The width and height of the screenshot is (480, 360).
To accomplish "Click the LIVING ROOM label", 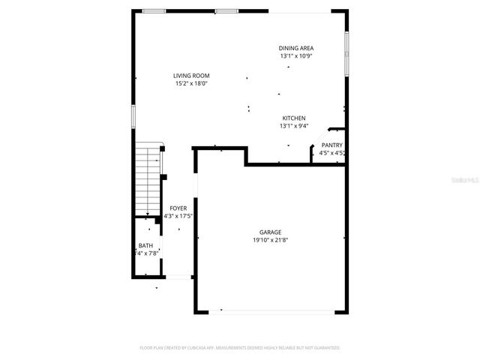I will pyautogui.click(x=191, y=76).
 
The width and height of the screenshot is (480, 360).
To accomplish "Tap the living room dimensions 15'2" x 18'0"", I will pyautogui.click(x=191, y=83).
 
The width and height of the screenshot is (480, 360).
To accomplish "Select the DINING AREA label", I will pyautogui.click(x=296, y=48).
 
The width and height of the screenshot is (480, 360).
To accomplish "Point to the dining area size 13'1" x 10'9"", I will pyautogui.click(x=296, y=55).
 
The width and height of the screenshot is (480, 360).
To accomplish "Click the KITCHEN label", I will pyautogui.click(x=293, y=118).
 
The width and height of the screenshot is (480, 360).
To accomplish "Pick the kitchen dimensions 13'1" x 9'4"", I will pyautogui.click(x=293, y=126).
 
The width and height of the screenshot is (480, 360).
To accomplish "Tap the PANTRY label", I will pyautogui.click(x=331, y=145).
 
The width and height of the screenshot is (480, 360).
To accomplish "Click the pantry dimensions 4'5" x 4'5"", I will pyautogui.click(x=331, y=153).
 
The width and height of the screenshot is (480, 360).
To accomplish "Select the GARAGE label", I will pyautogui.click(x=271, y=232).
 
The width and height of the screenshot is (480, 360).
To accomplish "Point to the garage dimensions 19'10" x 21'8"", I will pyautogui.click(x=271, y=240).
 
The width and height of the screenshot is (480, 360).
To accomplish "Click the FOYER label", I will pyautogui.click(x=178, y=208).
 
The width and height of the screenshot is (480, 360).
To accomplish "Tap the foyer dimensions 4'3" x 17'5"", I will pyautogui.click(x=178, y=217).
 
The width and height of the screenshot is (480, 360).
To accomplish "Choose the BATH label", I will pyautogui.click(x=145, y=246).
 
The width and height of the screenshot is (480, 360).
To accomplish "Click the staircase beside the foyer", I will pyautogui.click(x=148, y=180).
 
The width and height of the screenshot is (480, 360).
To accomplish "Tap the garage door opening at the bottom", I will pyautogui.click(x=271, y=311).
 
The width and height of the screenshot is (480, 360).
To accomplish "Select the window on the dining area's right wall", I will pyautogui.click(x=346, y=52).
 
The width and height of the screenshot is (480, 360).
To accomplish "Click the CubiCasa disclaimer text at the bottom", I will pyautogui.click(x=240, y=348).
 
